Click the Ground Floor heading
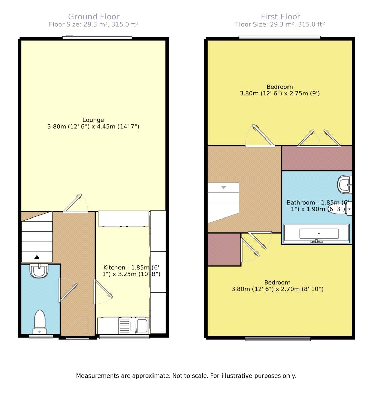pyautogui.click(x=94, y=17)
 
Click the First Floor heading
pyautogui.click(x=280, y=17)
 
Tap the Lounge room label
pyautogui.click(x=93, y=120)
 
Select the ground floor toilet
pyautogui.click(x=40, y=322)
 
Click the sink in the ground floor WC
pyautogui.click(x=39, y=270)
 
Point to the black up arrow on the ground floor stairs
pyautogui.click(x=37, y=257)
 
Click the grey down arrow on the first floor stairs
pyautogui.click(x=224, y=187)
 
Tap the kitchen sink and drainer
pyautogui.click(x=133, y=326)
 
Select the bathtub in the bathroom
pyautogui.click(x=317, y=234)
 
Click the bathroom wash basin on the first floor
pyautogui.click(x=344, y=184)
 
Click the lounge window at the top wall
pyautogui.click(x=97, y=38)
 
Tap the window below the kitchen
pyautogui.click(x=124, y=337)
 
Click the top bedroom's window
pyautogui.click(x=280, y=38)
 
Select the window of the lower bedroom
pyautogui.click(x=278, y=339)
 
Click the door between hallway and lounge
pyautogui.click(x=75, y=203)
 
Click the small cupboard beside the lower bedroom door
pyautogui.click(x=224, y=249)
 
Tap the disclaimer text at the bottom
pyautogui.click(x=186, y=376)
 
